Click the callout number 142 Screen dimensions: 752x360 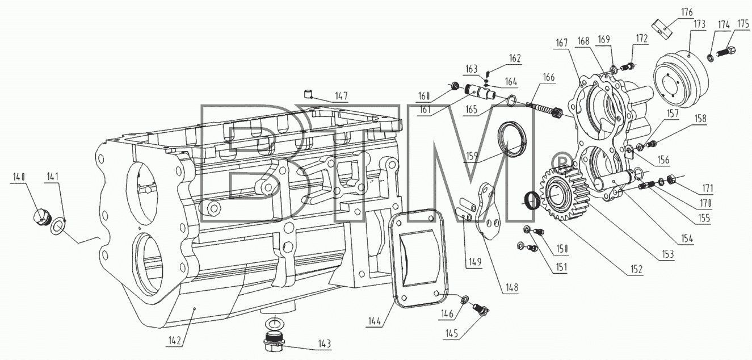point(175,340)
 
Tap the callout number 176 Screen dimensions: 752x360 point(687,12)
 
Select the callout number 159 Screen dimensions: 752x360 point(472,156)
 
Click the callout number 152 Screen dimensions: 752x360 point(636,269)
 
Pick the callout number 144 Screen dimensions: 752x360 point(375,321)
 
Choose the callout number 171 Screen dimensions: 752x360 point(707,189)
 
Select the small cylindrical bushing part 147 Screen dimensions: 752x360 point(308,94)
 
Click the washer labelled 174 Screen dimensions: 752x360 point(711,58)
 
